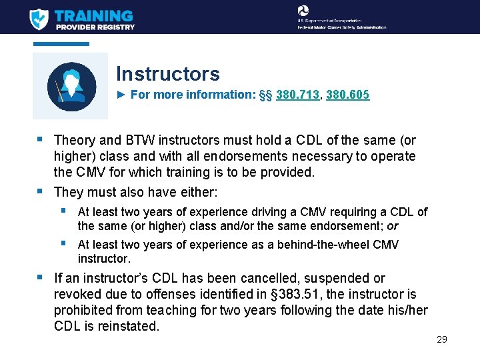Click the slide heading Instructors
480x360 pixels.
167,73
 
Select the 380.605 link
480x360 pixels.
349,95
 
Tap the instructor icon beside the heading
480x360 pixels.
71,85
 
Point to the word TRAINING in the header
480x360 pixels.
94,15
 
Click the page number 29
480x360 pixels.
441,339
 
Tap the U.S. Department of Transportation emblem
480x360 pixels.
303,11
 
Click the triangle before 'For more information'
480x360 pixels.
121,95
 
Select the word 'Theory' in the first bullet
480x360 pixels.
75,141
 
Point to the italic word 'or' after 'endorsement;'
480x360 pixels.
393,226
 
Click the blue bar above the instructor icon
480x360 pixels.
61,44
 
